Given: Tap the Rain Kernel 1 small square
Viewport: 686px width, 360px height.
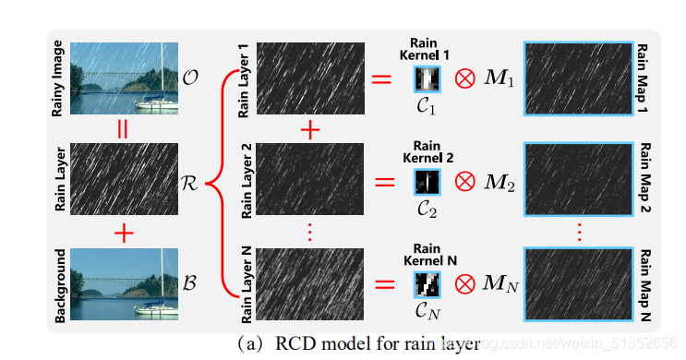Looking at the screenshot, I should click(x=427, y=79).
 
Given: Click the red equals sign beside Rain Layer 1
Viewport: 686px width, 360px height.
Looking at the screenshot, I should click(x=381, y=80).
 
